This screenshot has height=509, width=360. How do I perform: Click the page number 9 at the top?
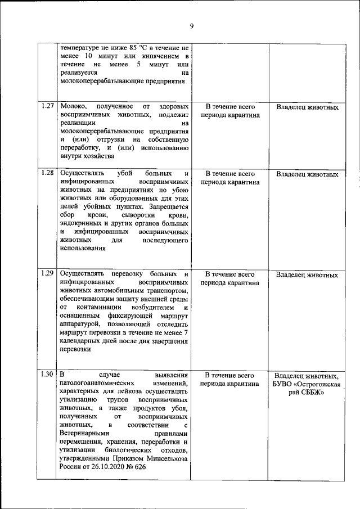pos(191,26)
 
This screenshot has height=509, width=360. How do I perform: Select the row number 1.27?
pos(48,106)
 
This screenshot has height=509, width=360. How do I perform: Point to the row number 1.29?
pos(48,274)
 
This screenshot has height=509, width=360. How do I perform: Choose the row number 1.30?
pos(48,375)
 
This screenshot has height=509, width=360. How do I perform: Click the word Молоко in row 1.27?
pos(73,106)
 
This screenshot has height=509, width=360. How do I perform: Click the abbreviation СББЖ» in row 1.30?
pos(314,392)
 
